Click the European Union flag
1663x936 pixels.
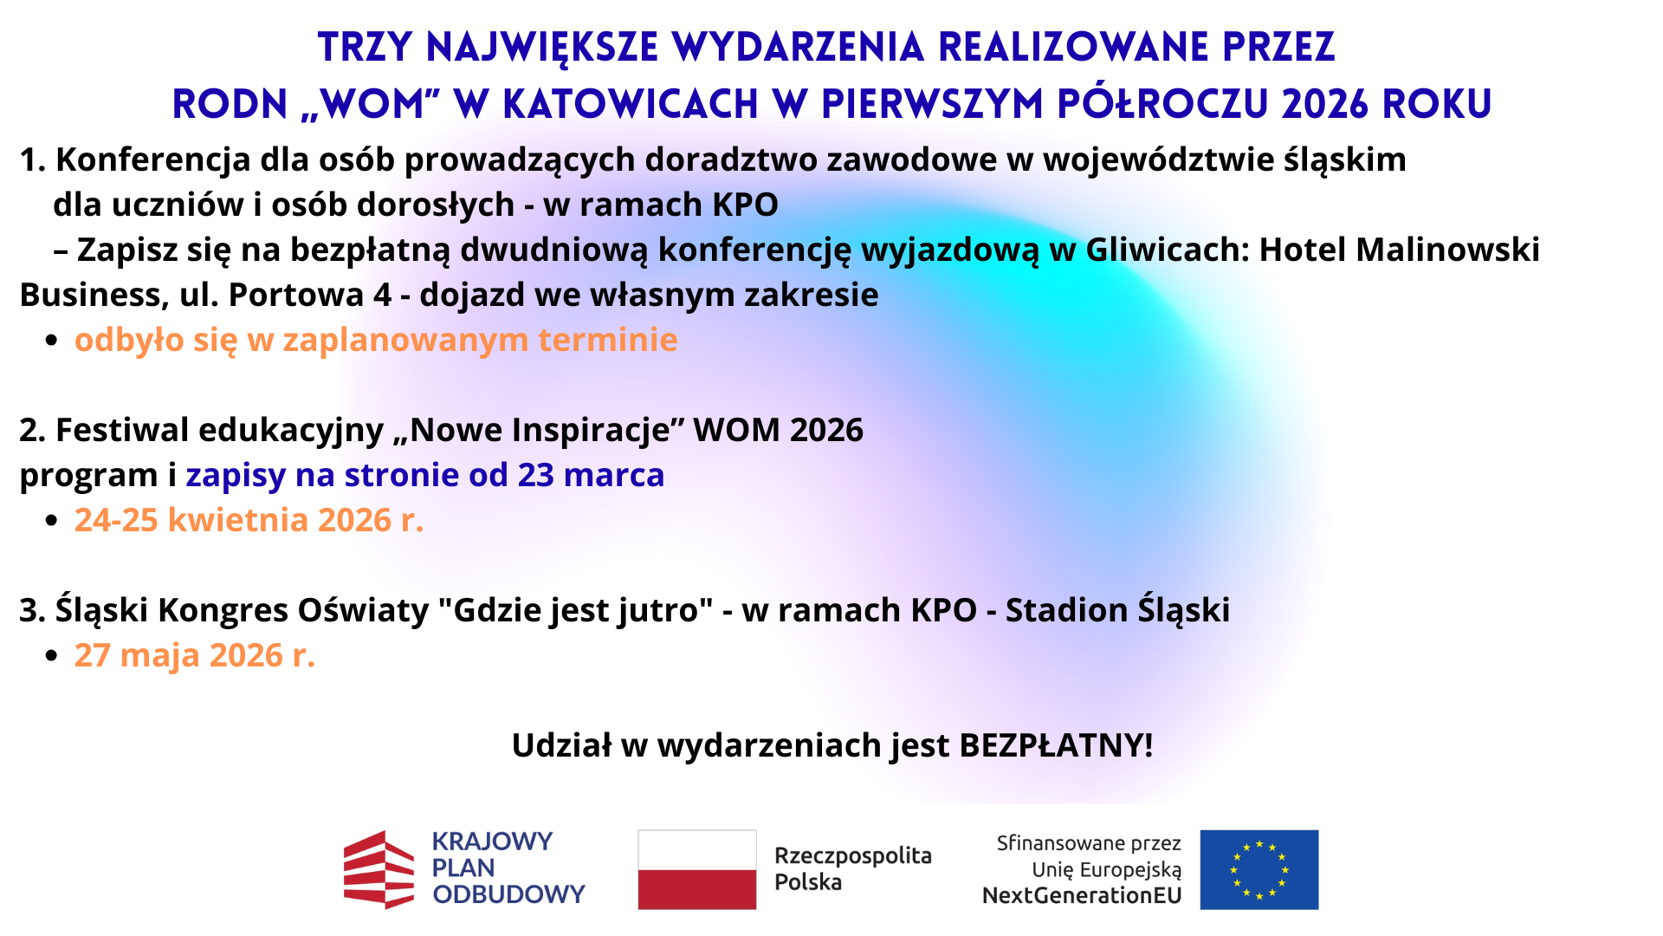pos(1259,869)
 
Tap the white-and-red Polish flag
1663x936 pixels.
pos(697,869)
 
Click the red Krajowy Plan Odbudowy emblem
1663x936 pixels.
pos(379,869)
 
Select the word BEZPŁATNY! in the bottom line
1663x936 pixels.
pos(1057,745)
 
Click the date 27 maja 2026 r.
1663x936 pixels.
pos(195,655)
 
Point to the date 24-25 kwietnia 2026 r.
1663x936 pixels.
pos(249,520)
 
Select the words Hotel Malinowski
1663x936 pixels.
pos(1400,250)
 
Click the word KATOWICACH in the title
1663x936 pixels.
pos(631,104)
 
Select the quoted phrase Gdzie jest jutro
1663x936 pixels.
pos(576,610)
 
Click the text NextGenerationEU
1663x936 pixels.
pos(1082,895)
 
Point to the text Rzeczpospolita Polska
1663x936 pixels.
pos(853,868)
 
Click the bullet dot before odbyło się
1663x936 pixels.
pos(52,341)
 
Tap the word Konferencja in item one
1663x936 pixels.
pos(153,159)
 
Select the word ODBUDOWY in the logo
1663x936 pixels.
pos(509,894)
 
